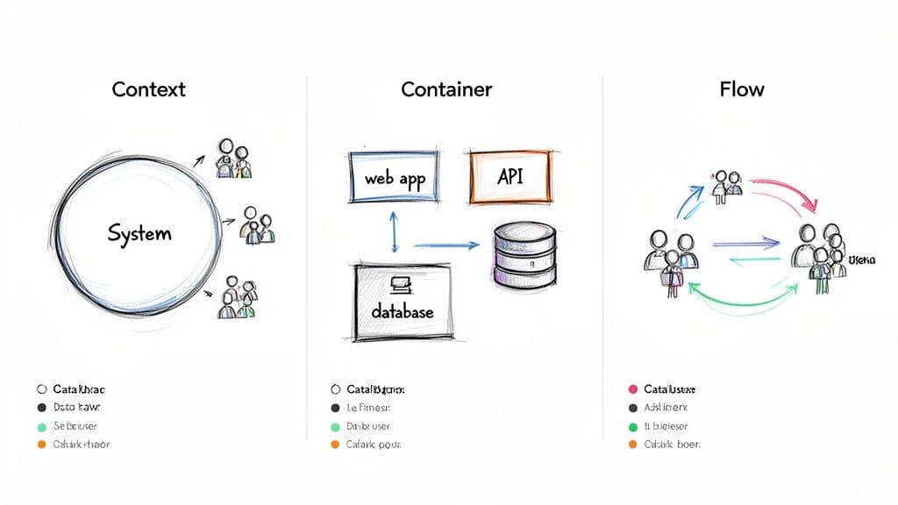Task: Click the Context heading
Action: [x=148, y=89]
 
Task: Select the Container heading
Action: [x=446, y=89]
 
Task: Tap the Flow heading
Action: [x=741, y=89]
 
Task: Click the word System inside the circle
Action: [x=139, y=233]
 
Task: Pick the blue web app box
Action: [x=394, y=178]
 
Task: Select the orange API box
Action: [x=511, y=176]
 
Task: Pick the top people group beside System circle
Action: [x=233, y=159]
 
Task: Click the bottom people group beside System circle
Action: [x=236, y=298]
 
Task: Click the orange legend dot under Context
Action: [x=40, y=445]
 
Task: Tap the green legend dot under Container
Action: [x=334, y=427]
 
